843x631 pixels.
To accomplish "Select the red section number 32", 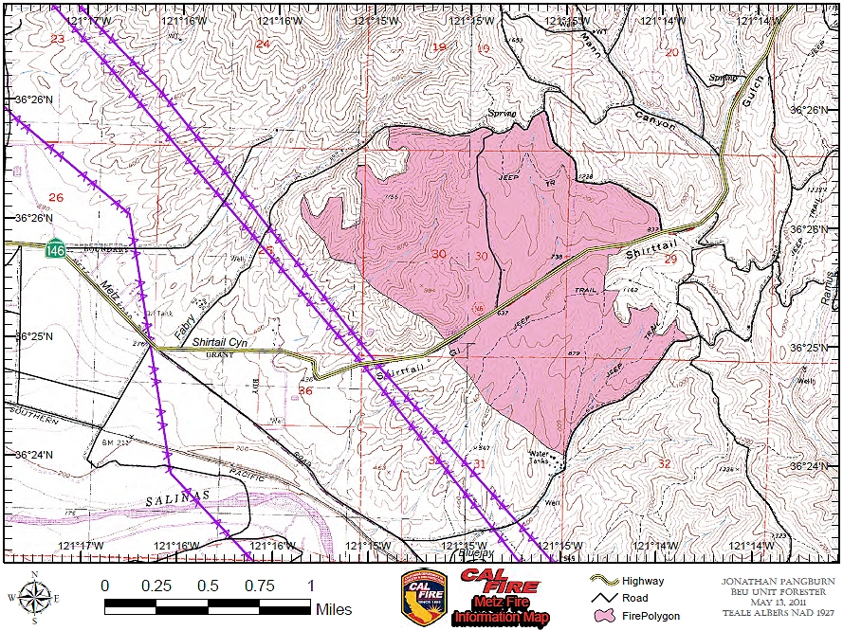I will (663, 463).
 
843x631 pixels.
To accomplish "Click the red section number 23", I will (58, 39).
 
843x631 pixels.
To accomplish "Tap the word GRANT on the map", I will (219, 355).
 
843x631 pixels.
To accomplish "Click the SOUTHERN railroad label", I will (33, 414).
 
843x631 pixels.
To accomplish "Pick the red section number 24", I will (263, 45).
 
